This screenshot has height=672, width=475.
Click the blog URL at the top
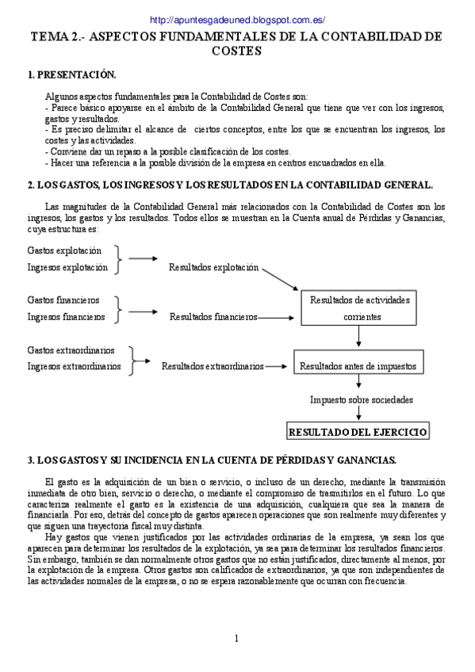tap(237, 20)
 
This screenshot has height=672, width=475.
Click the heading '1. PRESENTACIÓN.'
tap(71, 75)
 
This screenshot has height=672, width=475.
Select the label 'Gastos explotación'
tap(64, 250)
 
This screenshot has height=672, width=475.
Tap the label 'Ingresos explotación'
tap(67, 268)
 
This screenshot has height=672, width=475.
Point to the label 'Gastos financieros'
tap(63, 300)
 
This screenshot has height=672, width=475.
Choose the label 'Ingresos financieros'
tap(66, 317)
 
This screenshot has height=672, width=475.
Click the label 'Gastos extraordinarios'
tap(71, 349)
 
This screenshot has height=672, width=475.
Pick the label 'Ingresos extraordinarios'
tap(74, 366)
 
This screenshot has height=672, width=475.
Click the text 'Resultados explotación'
tap(214, 268)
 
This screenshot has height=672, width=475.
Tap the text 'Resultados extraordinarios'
tap(213, 366)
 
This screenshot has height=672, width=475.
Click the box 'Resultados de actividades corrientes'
tap(359, 307)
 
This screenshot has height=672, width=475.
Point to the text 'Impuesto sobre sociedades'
tap(361, 399)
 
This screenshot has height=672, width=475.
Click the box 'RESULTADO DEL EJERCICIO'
tap(358, 433)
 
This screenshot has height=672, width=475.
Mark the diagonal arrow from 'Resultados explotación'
tap(281, 279)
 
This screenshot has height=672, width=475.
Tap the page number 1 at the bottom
tap(236, 639)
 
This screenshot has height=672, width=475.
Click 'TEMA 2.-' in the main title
tap(56, 37)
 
